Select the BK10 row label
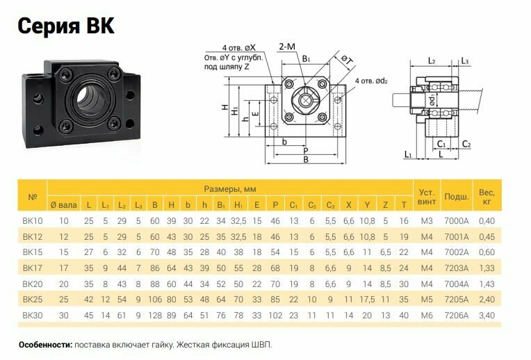[33, 220]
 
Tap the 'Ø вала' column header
[64, 204]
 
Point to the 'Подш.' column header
[456, 197]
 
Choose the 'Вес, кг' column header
[487, 197]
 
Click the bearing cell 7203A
[456, 268]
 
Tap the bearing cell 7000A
[456, 220]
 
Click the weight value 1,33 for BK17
[487, 268]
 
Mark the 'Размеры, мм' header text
[231, 188]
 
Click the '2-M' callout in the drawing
[286, 47]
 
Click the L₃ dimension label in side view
[464, 62]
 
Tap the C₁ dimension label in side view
[441, 144]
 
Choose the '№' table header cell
[33, 197]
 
